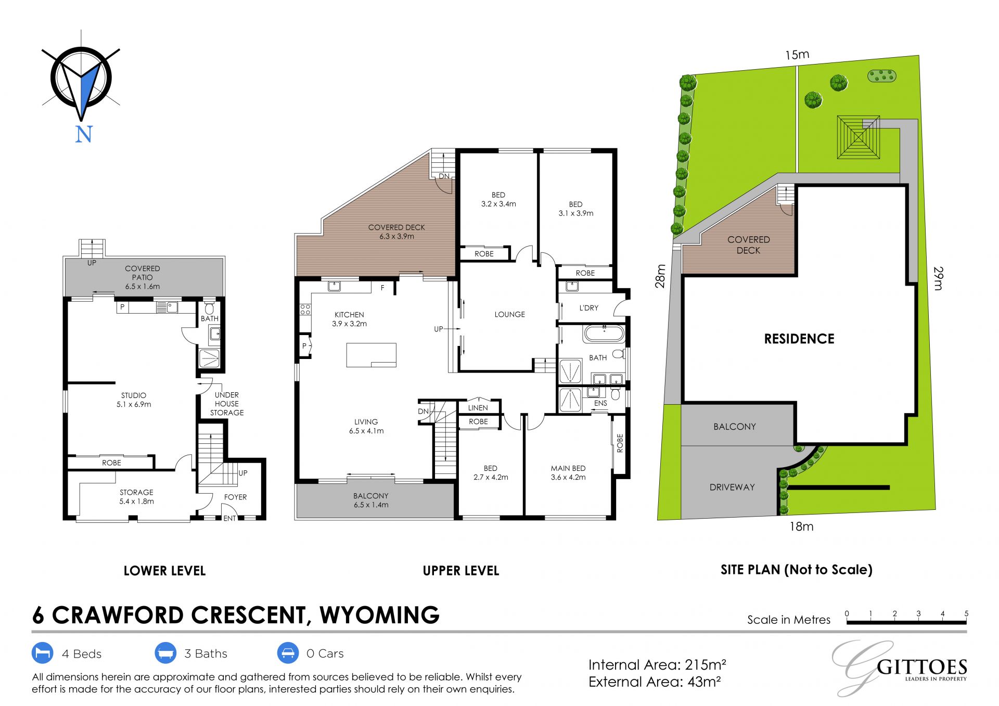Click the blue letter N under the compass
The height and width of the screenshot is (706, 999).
coord(84,134)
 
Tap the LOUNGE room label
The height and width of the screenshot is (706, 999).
coord(509,314)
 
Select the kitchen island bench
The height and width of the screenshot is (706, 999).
coord(371,355)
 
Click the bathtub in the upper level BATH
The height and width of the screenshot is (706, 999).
coord(604,333)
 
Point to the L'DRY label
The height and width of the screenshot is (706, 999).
coord(588,308)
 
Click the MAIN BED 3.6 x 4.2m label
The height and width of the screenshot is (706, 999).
coord(568,472)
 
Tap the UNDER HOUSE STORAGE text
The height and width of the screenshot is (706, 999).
coord(227,404)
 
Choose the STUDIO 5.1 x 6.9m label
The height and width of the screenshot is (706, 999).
coord(134,400)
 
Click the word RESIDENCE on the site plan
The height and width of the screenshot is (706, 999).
coord(799,339)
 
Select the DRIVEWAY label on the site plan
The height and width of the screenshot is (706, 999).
coord(732,487)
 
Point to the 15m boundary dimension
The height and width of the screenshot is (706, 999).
coord(797,55)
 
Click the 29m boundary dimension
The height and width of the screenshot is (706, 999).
coord(938,278)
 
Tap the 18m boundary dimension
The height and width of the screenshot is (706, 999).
coord(801,527)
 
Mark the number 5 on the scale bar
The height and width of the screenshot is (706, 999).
coord(966,614)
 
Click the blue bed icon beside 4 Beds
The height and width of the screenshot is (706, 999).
coord(43,653)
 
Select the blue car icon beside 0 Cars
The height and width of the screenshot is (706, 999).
coord(288,653)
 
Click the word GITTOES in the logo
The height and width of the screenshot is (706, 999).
coord(921,667)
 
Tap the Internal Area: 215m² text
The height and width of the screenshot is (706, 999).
coord(657,665)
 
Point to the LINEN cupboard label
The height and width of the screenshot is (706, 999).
coord(478,408)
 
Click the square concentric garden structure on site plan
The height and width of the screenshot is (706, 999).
coord(858,137)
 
